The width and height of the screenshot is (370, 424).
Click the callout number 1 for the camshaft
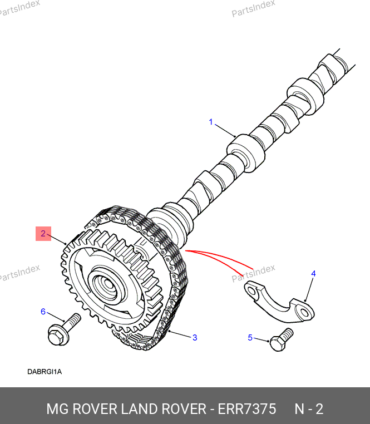211,122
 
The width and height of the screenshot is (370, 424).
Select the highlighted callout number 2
43,233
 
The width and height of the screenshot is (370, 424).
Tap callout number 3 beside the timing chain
195,337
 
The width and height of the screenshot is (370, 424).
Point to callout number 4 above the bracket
313,274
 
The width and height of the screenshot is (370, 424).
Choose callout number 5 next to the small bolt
250,337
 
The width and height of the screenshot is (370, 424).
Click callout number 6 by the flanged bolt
43,312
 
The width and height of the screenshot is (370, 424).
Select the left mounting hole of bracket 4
251,292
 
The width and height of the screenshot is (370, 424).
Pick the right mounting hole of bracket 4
305,313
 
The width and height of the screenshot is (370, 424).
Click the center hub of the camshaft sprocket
107,284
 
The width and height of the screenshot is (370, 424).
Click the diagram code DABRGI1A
45,372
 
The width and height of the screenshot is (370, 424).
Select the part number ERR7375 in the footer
247,408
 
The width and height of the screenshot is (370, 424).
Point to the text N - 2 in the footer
309,408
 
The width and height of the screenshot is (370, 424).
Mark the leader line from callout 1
225,131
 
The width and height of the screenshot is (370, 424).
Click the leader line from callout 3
180,334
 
